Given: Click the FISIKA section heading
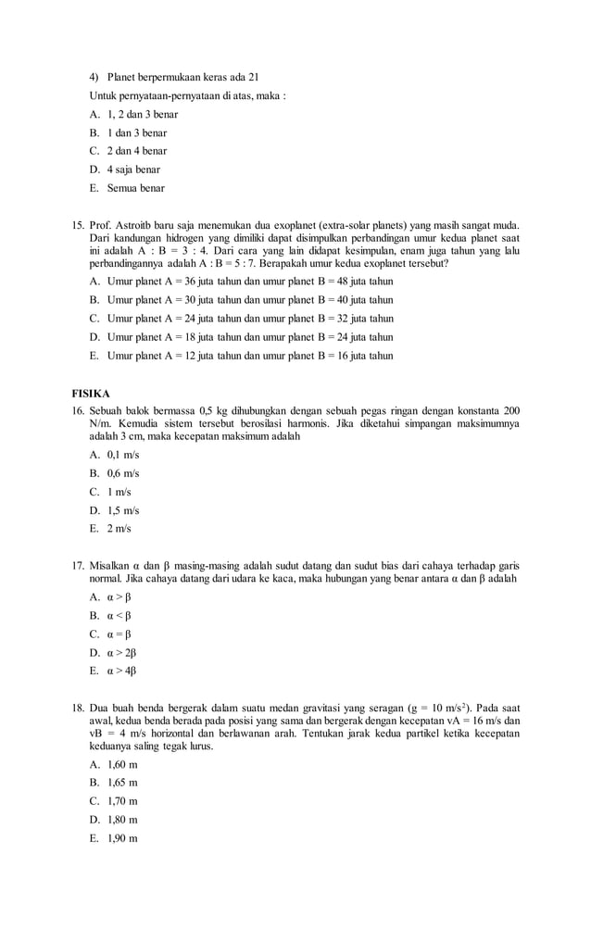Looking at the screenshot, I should coord(91,393).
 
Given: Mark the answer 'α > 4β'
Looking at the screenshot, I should coord(121,672).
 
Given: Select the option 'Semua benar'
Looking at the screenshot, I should coord(135,188).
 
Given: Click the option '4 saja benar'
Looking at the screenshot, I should coord(133,169).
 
